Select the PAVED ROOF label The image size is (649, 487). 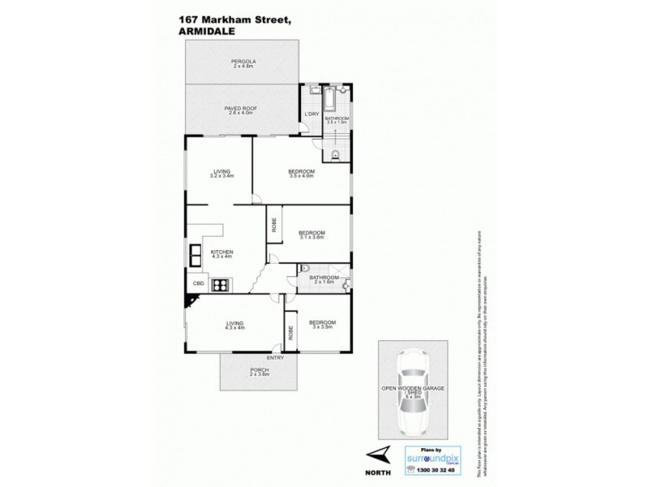pyautogui.click(x=241, y=109)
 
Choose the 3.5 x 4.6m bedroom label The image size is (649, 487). pyautogui.click(x=302, y=173)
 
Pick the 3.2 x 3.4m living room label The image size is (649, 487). pyautogui.click(x=221, y=173)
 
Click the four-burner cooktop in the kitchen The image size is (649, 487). pyautogui.click(x=220, y=285)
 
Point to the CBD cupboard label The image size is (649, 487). pyautogui.click(x=198, y=283)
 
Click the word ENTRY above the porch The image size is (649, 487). pyautogui.click(x=275, y=358)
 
